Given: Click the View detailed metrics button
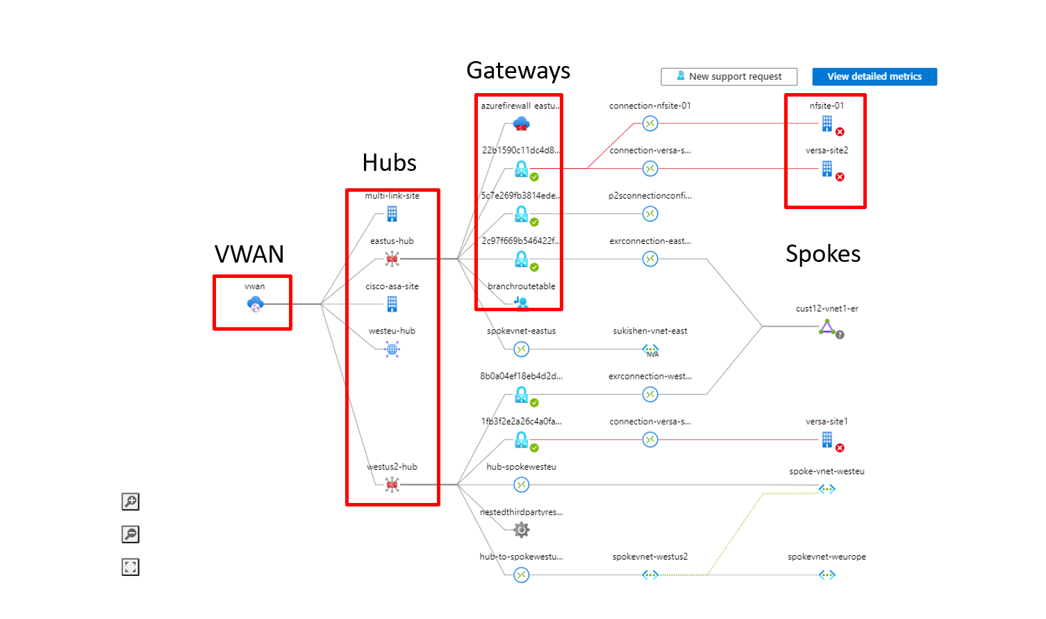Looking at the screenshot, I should (x=874, y=76).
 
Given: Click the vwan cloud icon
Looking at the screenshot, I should (x=255, y=304).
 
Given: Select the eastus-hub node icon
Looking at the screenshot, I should (x=392, y=259).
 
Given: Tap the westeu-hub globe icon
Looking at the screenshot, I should (x=392, y=349).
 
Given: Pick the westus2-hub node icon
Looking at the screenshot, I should (x=392, y=485).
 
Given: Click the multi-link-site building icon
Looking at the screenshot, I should (x=392, y=213).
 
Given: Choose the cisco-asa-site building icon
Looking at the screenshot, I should (x=392, y=304).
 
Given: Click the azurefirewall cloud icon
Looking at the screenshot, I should (x=521, y=124).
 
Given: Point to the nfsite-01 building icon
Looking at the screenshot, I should (x=827, y=124).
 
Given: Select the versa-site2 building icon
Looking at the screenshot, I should (x=827, y=169).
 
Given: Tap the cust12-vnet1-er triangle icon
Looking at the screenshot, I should (x=827, y=327).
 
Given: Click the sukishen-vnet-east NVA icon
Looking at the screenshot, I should (x=650, y=349).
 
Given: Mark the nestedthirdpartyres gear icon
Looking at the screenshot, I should (x=521, y=530).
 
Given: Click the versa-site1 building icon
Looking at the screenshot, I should (x=827, y=439).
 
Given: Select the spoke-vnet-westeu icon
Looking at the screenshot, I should (x=827, y=489).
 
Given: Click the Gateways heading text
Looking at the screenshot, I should (x=518, y=70).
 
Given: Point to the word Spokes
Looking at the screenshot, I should (x=822, y=254).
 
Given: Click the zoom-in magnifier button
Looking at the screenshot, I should (x=131, y=502).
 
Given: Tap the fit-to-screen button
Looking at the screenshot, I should (x=131, y=567).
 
